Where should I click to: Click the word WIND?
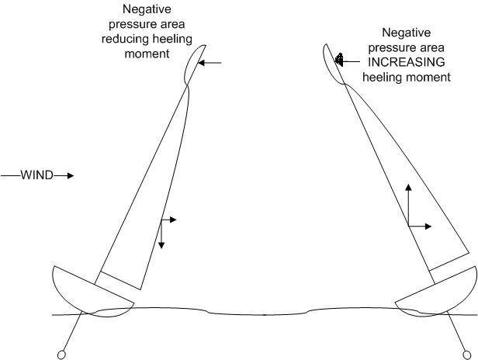click(37, 175)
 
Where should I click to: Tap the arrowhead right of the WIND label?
click(71, 175)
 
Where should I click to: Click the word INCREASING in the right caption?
click(407, 62)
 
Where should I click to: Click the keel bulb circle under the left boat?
click(61, 355)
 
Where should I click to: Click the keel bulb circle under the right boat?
click(466, 355)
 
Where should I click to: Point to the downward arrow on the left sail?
click(161, 234)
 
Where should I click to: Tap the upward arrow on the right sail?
click(408, 205)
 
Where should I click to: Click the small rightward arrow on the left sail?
click(169, 220)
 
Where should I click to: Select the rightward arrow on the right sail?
click(420, 227)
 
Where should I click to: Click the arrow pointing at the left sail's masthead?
click(210, 63)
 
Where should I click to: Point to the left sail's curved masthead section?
click(195, 65)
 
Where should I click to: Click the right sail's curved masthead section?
click(334, 64)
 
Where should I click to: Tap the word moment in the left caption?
click(147, 54)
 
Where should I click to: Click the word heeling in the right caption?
click(383, 77)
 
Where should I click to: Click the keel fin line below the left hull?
click(72, 331)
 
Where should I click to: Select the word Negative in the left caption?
click(147, 9)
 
